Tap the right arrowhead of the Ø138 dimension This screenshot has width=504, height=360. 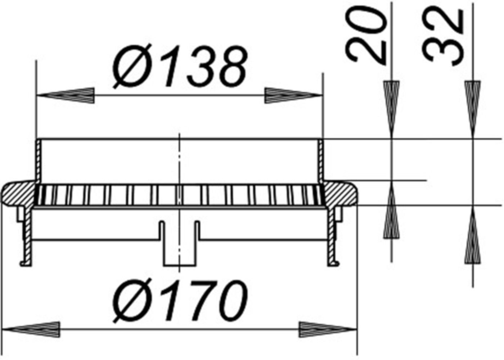pos(293,96)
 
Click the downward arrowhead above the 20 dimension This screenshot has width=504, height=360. pos(391,108)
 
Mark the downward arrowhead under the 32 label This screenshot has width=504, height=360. pos(472,108)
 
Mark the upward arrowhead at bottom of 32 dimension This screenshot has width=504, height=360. pos(472,238)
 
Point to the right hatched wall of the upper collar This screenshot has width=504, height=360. pos(320,160)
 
